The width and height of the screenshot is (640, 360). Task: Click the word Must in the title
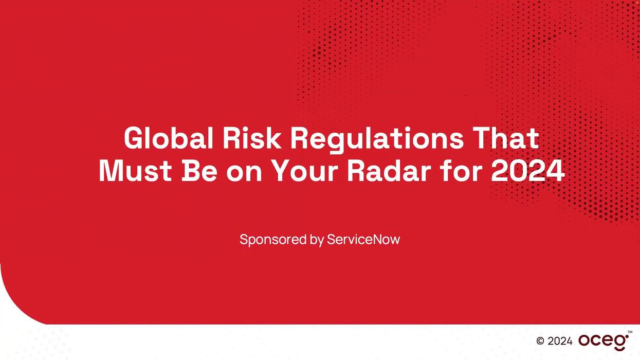pos(135,171)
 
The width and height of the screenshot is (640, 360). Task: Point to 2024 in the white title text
pos(528,171)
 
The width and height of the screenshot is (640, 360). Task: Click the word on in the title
pos(244,172)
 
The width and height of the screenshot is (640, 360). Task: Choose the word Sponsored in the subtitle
pos(273,240)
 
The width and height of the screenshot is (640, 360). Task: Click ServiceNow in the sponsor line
pos(363,239)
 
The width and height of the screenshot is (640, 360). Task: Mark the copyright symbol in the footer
pos(540,341)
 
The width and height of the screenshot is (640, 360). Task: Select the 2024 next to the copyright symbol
pos(560,341)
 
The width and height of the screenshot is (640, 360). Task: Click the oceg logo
pos(603,341)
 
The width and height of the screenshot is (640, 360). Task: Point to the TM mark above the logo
pos(630,332)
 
